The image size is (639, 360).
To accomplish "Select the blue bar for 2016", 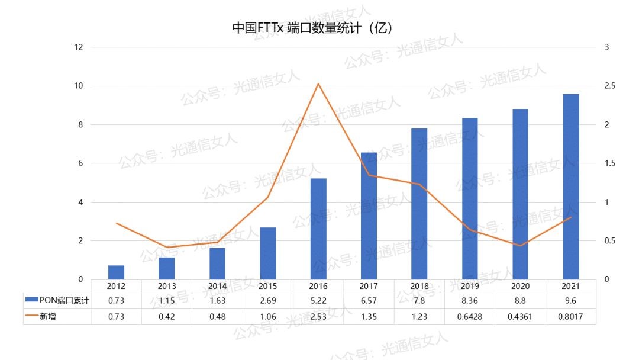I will [318, 229].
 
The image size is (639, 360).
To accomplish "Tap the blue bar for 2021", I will [571, 187].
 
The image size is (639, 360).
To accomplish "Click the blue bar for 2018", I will [419, 204].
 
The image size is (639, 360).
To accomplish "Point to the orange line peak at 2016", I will [318, 83].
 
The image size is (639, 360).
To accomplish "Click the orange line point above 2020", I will [520, 245].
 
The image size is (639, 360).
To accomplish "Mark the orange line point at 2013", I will [167, 247].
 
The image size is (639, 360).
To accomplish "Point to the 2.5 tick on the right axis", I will [609, 86].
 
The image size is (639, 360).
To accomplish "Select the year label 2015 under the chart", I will [267, 286].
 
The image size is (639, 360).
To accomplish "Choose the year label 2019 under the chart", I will [470, 286].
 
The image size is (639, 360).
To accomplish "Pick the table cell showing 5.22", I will [318, 301].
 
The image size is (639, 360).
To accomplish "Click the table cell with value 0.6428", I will [470, 317].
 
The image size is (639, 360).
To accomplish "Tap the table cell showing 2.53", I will [318, 317].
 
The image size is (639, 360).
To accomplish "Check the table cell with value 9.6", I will [571, 301].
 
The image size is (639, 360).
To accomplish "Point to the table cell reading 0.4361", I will [520, 317].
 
